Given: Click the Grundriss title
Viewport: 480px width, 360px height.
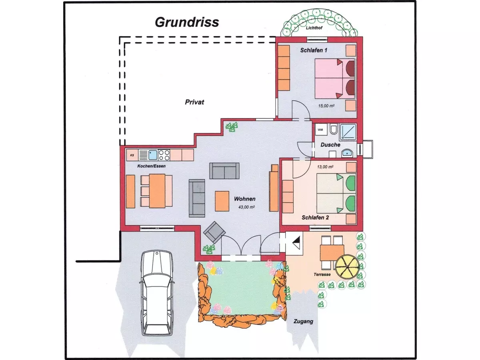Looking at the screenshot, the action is coord(187,22).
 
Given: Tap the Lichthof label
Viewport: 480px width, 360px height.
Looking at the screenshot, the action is coord(314,28).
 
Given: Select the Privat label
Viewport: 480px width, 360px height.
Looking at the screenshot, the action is coord(194,102).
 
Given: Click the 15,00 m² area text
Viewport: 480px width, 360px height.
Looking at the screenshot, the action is coord(326,106).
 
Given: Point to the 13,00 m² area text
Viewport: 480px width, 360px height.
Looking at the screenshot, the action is coord(325,167).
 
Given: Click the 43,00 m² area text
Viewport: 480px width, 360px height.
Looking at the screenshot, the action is coord(246,207).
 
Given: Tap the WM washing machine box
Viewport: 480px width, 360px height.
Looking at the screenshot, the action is coord(321,130).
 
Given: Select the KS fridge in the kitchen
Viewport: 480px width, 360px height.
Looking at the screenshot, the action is coord(132,155).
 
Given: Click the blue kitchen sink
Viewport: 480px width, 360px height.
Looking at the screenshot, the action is coord(153,155).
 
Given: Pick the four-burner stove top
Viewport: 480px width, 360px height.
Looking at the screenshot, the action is coord(164,155).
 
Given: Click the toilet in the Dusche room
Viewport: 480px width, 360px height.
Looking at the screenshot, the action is coord(334,129).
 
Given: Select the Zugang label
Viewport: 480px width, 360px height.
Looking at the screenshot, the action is coord(303,322).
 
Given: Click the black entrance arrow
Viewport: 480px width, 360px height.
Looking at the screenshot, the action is coord(297,243).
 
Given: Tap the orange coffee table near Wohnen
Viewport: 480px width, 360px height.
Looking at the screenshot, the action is coord(222,201).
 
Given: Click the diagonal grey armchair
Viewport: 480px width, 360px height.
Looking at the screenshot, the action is coord(214,232).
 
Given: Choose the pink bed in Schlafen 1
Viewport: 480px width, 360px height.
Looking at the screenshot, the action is coord(334,78).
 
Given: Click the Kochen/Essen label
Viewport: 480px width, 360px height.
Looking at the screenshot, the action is coord(151,166).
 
